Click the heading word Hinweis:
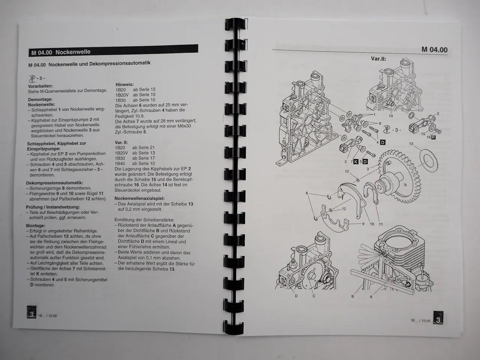coord(124,84)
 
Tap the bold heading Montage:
coord(36,226)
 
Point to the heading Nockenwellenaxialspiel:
coord(139,198)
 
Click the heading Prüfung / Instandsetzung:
coord(52,207)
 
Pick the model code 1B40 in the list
coord(120,163)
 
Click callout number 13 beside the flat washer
coord(411,144)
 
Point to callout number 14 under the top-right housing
coord(391,116)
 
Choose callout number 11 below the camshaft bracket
coord(380,224)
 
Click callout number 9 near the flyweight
coord(363,224)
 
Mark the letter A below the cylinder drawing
coord(371,296)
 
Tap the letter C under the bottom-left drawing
coord(314,296)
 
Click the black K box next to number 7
coord(355,162)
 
